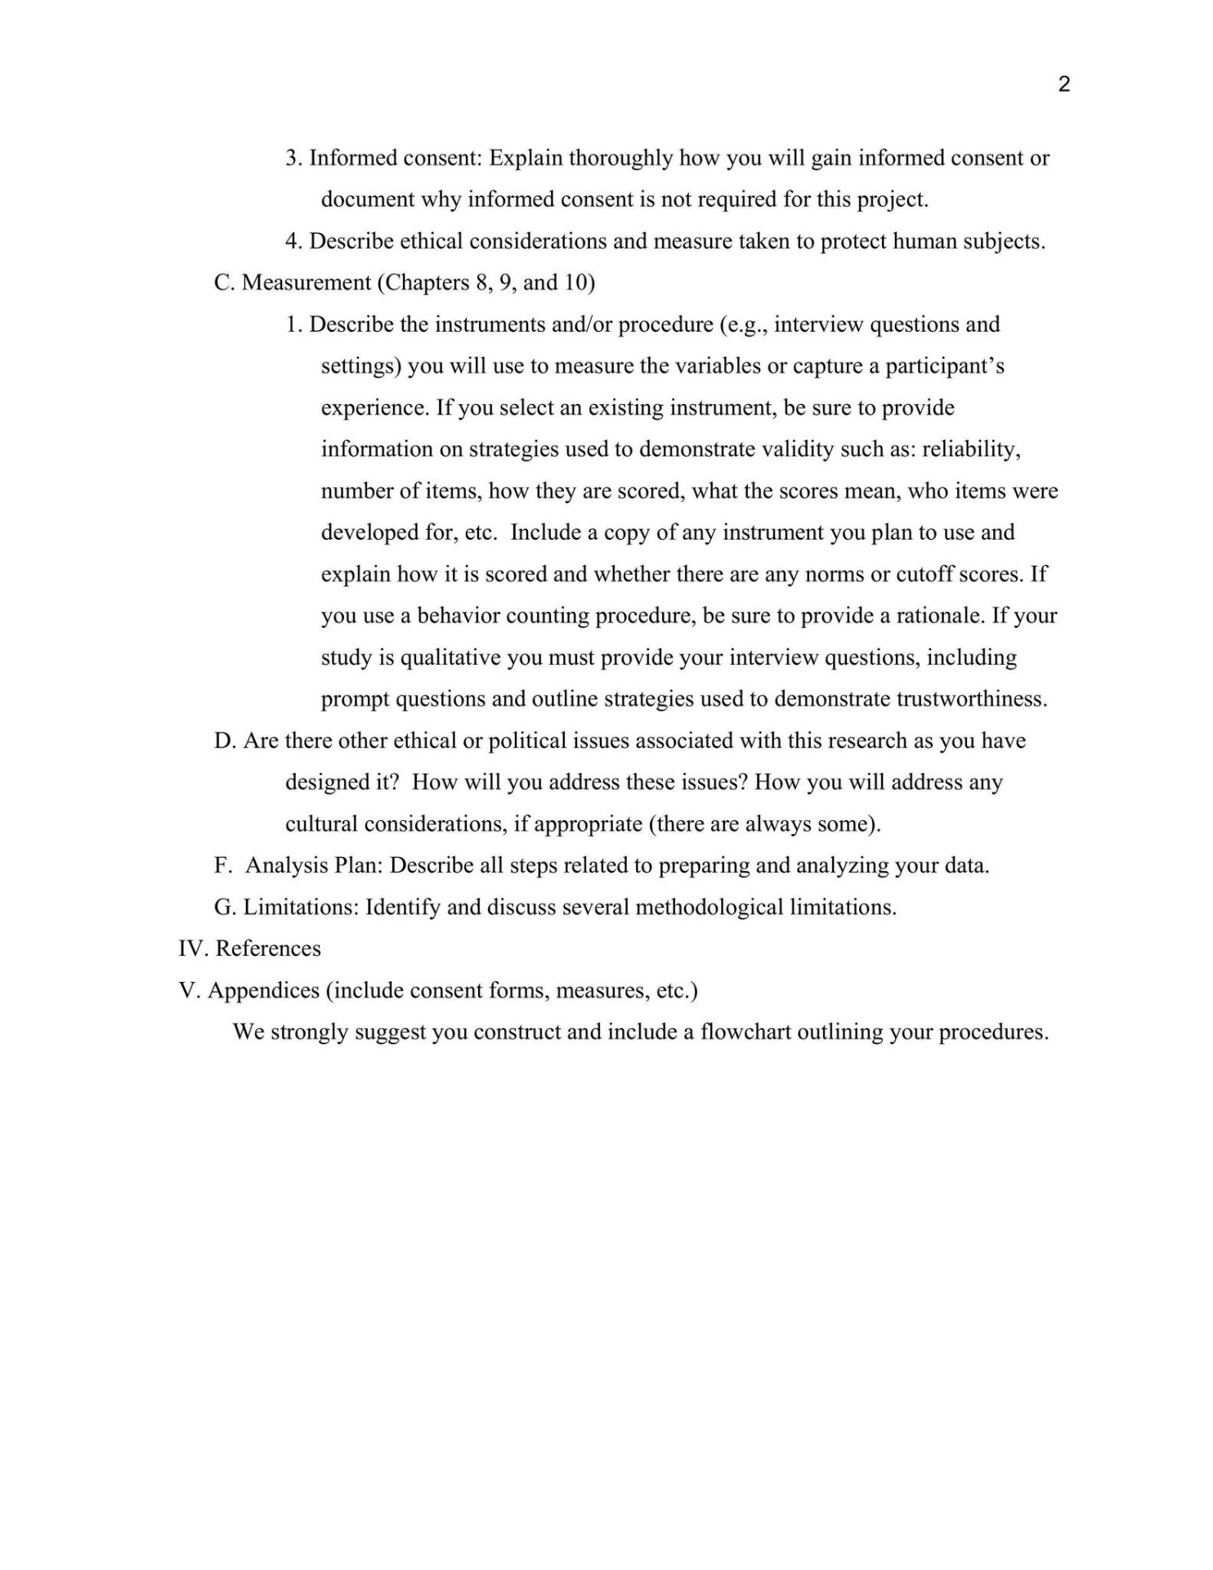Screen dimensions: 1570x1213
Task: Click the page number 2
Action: click(1063, 84)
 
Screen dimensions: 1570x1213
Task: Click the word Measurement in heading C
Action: click(307, 283)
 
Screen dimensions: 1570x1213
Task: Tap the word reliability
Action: click(971, 449)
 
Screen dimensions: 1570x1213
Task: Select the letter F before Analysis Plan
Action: click(221, 865)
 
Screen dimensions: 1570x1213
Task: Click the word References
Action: click(268, 949)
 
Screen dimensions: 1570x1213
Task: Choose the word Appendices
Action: click(263, 990)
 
